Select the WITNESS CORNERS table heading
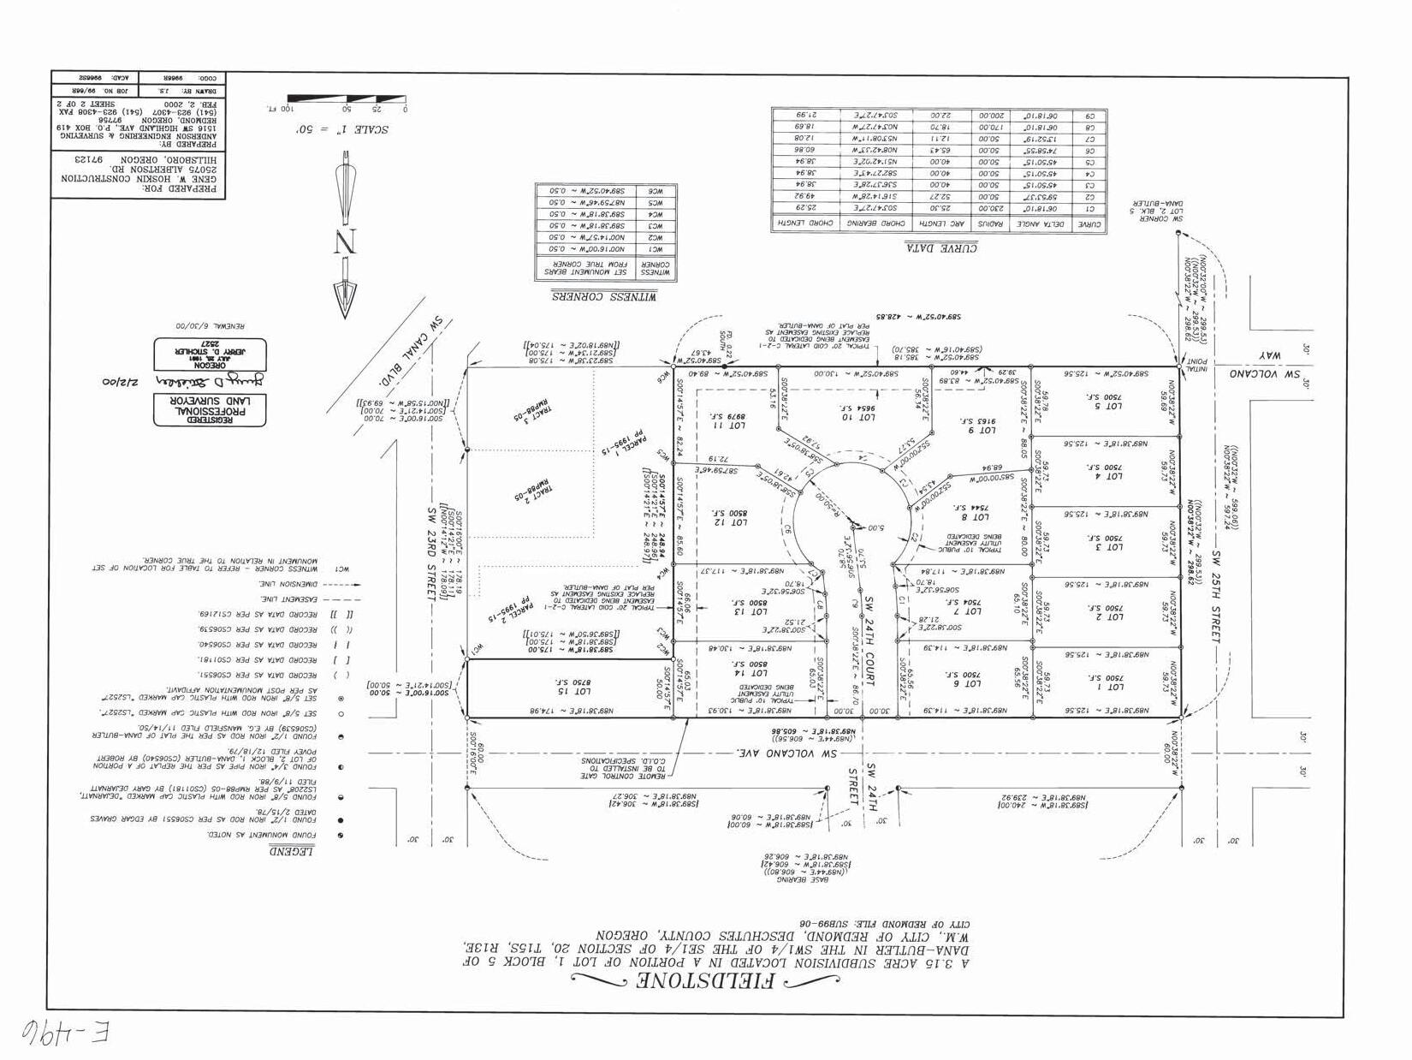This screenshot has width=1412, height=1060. pyautogui.click(x=605, y=295)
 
